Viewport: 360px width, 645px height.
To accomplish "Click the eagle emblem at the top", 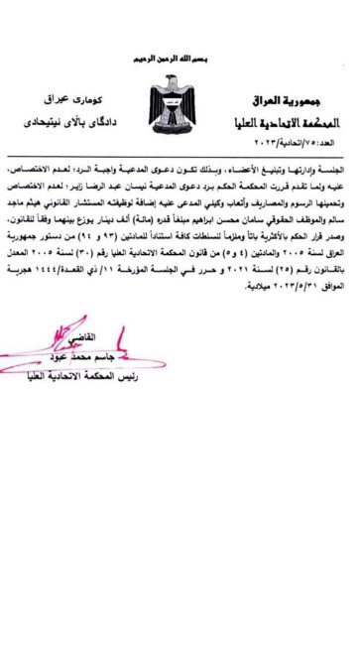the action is (180, 98).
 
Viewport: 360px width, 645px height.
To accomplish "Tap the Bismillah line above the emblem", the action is (180, 62).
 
